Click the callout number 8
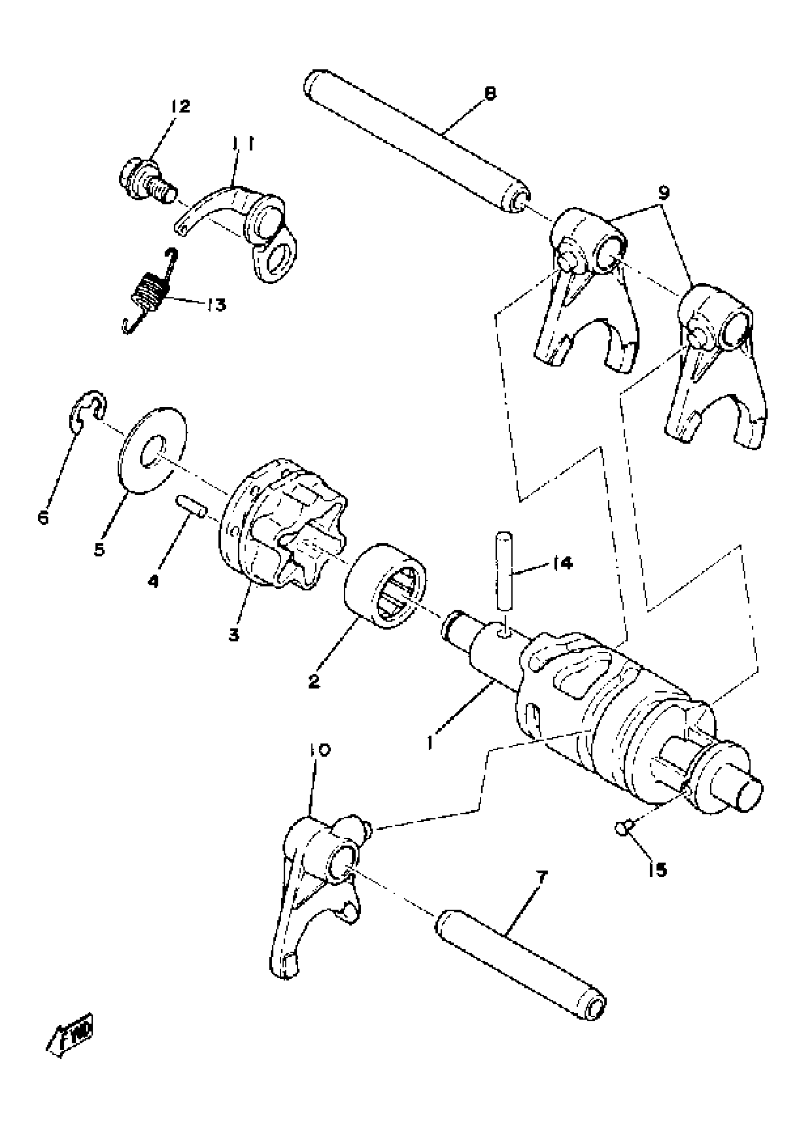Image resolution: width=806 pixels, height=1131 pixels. (489, 94)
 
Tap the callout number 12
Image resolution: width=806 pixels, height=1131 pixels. (180, 106)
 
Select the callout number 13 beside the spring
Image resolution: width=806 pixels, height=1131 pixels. (216, 305)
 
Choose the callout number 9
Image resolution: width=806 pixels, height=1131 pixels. (665, 192)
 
